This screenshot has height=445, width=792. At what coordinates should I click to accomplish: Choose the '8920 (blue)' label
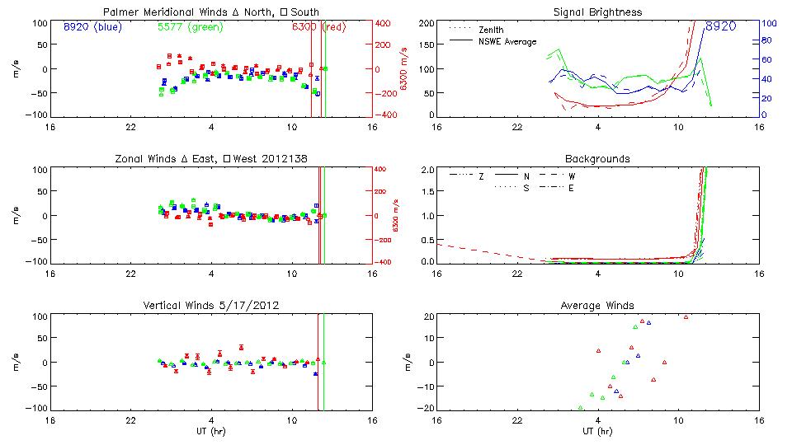(92, 26)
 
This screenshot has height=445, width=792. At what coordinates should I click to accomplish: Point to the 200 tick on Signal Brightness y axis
(427, 23)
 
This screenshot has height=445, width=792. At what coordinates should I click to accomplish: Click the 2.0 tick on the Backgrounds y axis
(427, 170)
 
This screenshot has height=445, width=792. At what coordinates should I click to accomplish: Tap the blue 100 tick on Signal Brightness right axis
(767, 23)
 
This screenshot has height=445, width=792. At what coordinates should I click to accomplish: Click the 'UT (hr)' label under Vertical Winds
(211, 432)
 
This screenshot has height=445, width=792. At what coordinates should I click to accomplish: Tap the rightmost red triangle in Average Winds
(686, 316)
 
